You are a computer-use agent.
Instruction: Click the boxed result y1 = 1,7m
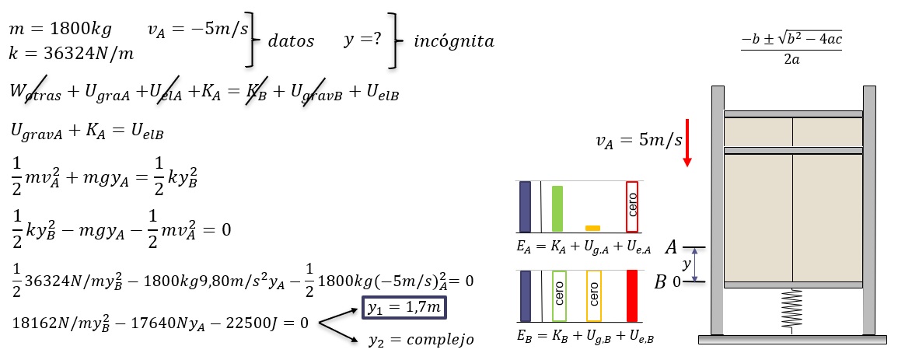click(x=404, y=309)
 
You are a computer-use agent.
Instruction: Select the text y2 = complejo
click(x=421, y=340)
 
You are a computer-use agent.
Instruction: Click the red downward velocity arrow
click(x=687, y=142)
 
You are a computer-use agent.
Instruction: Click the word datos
click(x=291, y=42)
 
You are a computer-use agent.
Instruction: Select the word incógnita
click(x=454, y=42)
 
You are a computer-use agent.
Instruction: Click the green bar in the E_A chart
click(x=557, y=208)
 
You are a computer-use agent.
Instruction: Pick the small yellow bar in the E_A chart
click(x=592, y=228)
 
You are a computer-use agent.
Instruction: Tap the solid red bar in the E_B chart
click(x=632, y=296)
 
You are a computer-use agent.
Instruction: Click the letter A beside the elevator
click(x=672, y=247)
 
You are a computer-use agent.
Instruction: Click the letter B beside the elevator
click(x=661, y=282)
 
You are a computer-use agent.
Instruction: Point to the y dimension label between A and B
click(x=687, y=265)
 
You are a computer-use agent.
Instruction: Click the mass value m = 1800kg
click(x=60, y=30)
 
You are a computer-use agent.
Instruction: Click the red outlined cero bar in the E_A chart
click(x=632, y=207)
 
